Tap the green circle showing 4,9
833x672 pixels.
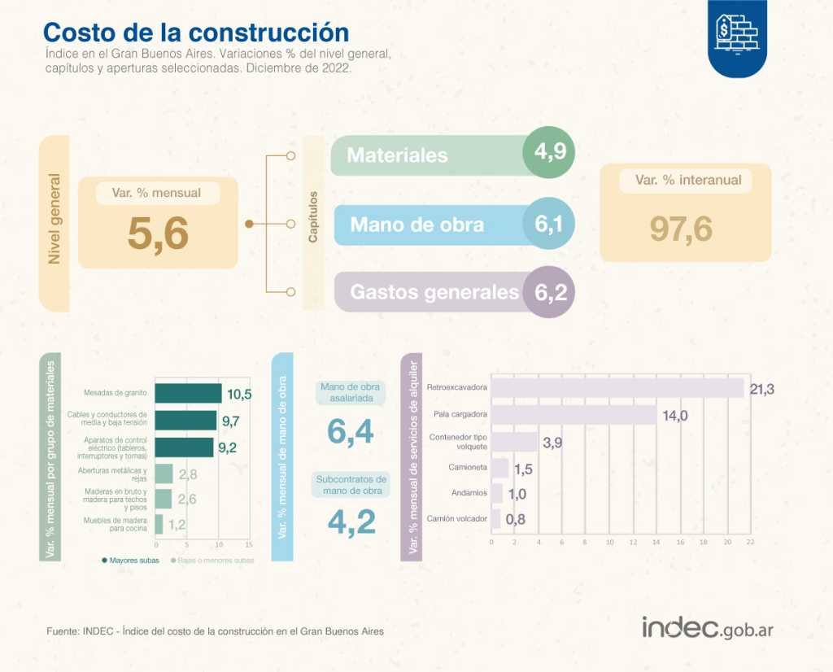[x=549, y=152]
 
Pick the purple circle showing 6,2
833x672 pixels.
[x=549, y=291]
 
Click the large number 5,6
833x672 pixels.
[x=158, y=234]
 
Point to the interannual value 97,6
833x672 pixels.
[x=681, y=229]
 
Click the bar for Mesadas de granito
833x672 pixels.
[x=188, y=393]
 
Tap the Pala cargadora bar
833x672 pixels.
[x=574, y=415]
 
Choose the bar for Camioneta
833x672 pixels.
[x=500, y=468]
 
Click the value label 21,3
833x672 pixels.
[x=761, y=389]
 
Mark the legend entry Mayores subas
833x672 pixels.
[x=130, y=561]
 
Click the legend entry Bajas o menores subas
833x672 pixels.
[x=212, y=561]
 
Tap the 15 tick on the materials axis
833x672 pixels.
[x=249, y=544]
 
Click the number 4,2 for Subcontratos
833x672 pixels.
[x=351, y=521]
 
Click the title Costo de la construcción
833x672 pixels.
[x=196, y=33]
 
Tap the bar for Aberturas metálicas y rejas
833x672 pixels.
[x=164, y=473]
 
